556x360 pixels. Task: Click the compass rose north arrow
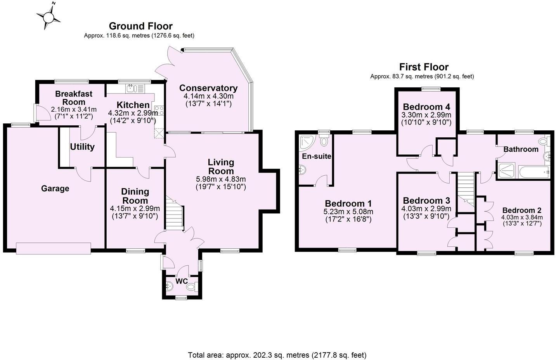pyautogui.click(x=49, y=16)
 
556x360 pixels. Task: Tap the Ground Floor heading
pyautogui.click(x=140, y=26)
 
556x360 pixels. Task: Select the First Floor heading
pyautogui.click(x=424, y=67)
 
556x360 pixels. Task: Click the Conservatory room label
pyautogui.click(x=208, y=88)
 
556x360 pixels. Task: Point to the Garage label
pyautogui.click(x=55, y=189)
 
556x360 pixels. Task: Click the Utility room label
pyautogui.click(x=82, y=147)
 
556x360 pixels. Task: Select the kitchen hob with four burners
pyautogui.click(x=159, y=110)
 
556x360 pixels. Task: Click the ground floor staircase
pyautogui.click(x=174, y=215)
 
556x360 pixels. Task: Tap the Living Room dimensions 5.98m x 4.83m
pyautogui.click(x=221, y=179)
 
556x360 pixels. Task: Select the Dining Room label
pyautogui.click(x=135, y=196)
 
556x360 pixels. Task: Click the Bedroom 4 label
pyautogui.click(x=426, y=107)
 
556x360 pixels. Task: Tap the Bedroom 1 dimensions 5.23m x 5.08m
pyautogui.click(x=348, y=212)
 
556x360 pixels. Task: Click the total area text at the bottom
pyautogui.click(x=277, y=355)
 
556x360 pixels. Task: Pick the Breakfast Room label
pyautogui.click(x=74, y=98)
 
